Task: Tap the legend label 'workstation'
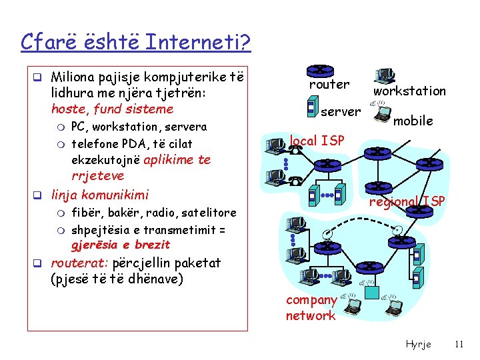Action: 409,91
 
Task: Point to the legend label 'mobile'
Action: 413,121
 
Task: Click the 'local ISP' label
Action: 317,140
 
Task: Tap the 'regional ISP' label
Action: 407,202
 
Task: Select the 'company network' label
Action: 311,308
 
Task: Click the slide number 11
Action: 458,344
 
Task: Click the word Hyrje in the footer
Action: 418,344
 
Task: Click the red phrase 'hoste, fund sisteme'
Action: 112,109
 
